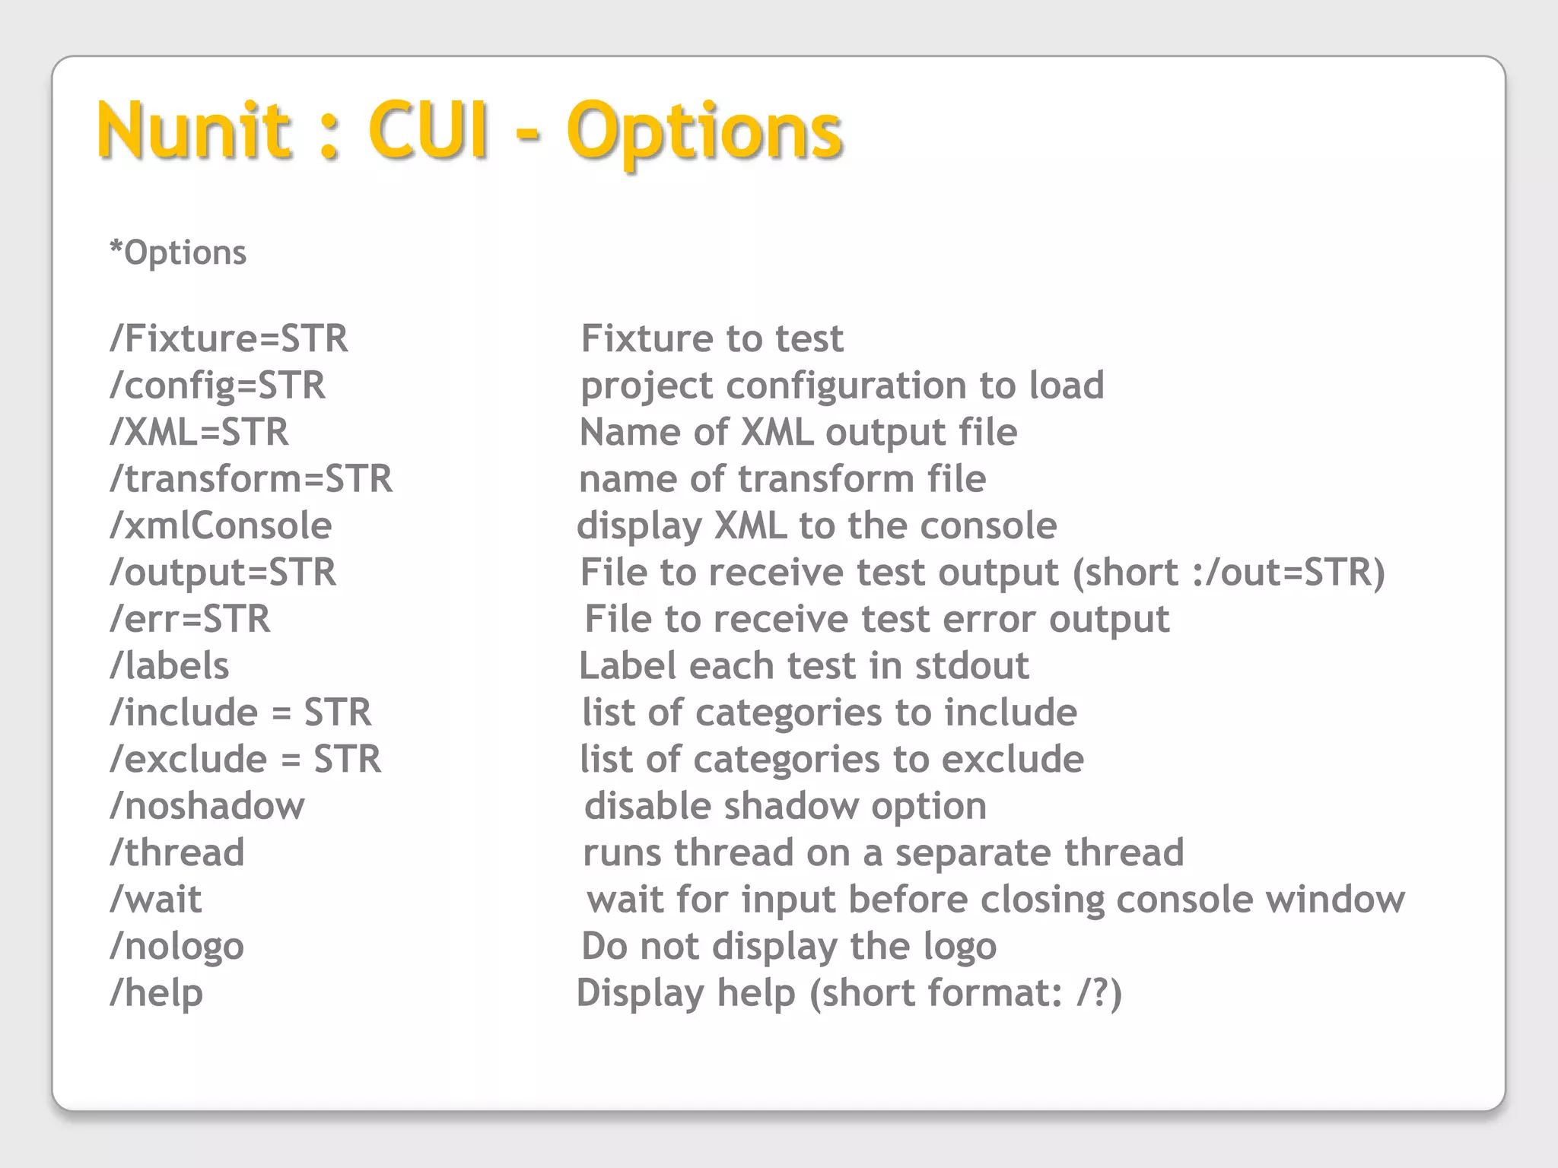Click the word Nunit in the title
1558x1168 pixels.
(x=194, y=131)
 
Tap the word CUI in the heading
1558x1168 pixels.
(x=428, y=131)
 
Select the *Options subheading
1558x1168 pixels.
(x=178, y=252)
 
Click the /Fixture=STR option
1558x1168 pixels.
(x=229, y=338)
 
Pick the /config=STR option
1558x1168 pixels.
(x=218, y=386)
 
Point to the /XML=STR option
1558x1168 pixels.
(x=199, y=432)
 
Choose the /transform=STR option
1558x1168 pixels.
(x=251, y=479)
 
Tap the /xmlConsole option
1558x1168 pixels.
(x=221, y=525)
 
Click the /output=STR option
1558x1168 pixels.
(x=223, y=573)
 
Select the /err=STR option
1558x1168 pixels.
(x=190, y=619)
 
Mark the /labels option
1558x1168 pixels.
(x=169, y=666)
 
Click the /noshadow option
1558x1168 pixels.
(x=207, y=806)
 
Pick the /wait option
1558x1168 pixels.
(x=156, y=900)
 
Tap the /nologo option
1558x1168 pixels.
(x=176, y=947)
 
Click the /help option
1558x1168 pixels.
(x=156, y=993)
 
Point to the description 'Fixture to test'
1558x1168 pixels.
(x=712, y=338)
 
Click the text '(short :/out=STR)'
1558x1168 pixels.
(x=1229, y=573)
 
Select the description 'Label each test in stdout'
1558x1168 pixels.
(x=803, y=666)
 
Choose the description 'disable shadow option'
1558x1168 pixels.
(x=785, y=806)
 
